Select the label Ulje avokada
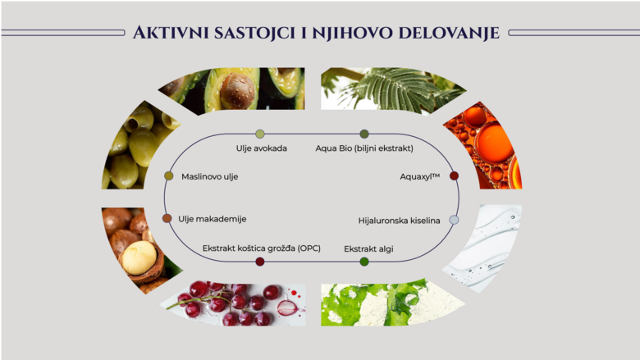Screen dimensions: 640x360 click(261, 148)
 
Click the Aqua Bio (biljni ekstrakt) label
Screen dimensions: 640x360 click(364, 148)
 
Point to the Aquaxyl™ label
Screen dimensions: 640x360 click(419, 176)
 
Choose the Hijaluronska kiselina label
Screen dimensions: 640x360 click(400, 221)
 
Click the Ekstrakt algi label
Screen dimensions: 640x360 click(368, 248)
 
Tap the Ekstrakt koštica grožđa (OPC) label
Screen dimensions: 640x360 click(262, 248)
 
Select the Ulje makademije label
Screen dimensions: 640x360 click(213, 219)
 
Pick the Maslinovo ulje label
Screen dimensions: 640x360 click(210, 176)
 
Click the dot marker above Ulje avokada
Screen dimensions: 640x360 click(260, 134)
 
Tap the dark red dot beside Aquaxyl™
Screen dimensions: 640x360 click(454, 175)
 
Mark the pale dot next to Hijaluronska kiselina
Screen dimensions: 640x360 click(454, 220)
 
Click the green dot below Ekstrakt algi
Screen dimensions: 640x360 click(364, 262)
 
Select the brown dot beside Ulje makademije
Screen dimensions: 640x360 click(167, 218)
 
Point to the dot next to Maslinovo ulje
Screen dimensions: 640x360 click(168, 175)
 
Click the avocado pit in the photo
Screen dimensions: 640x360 click(237, 91)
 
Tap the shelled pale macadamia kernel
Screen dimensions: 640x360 click(139, 257)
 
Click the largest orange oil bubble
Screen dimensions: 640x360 click(493, 144)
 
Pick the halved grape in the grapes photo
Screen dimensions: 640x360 click(287, 308)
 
